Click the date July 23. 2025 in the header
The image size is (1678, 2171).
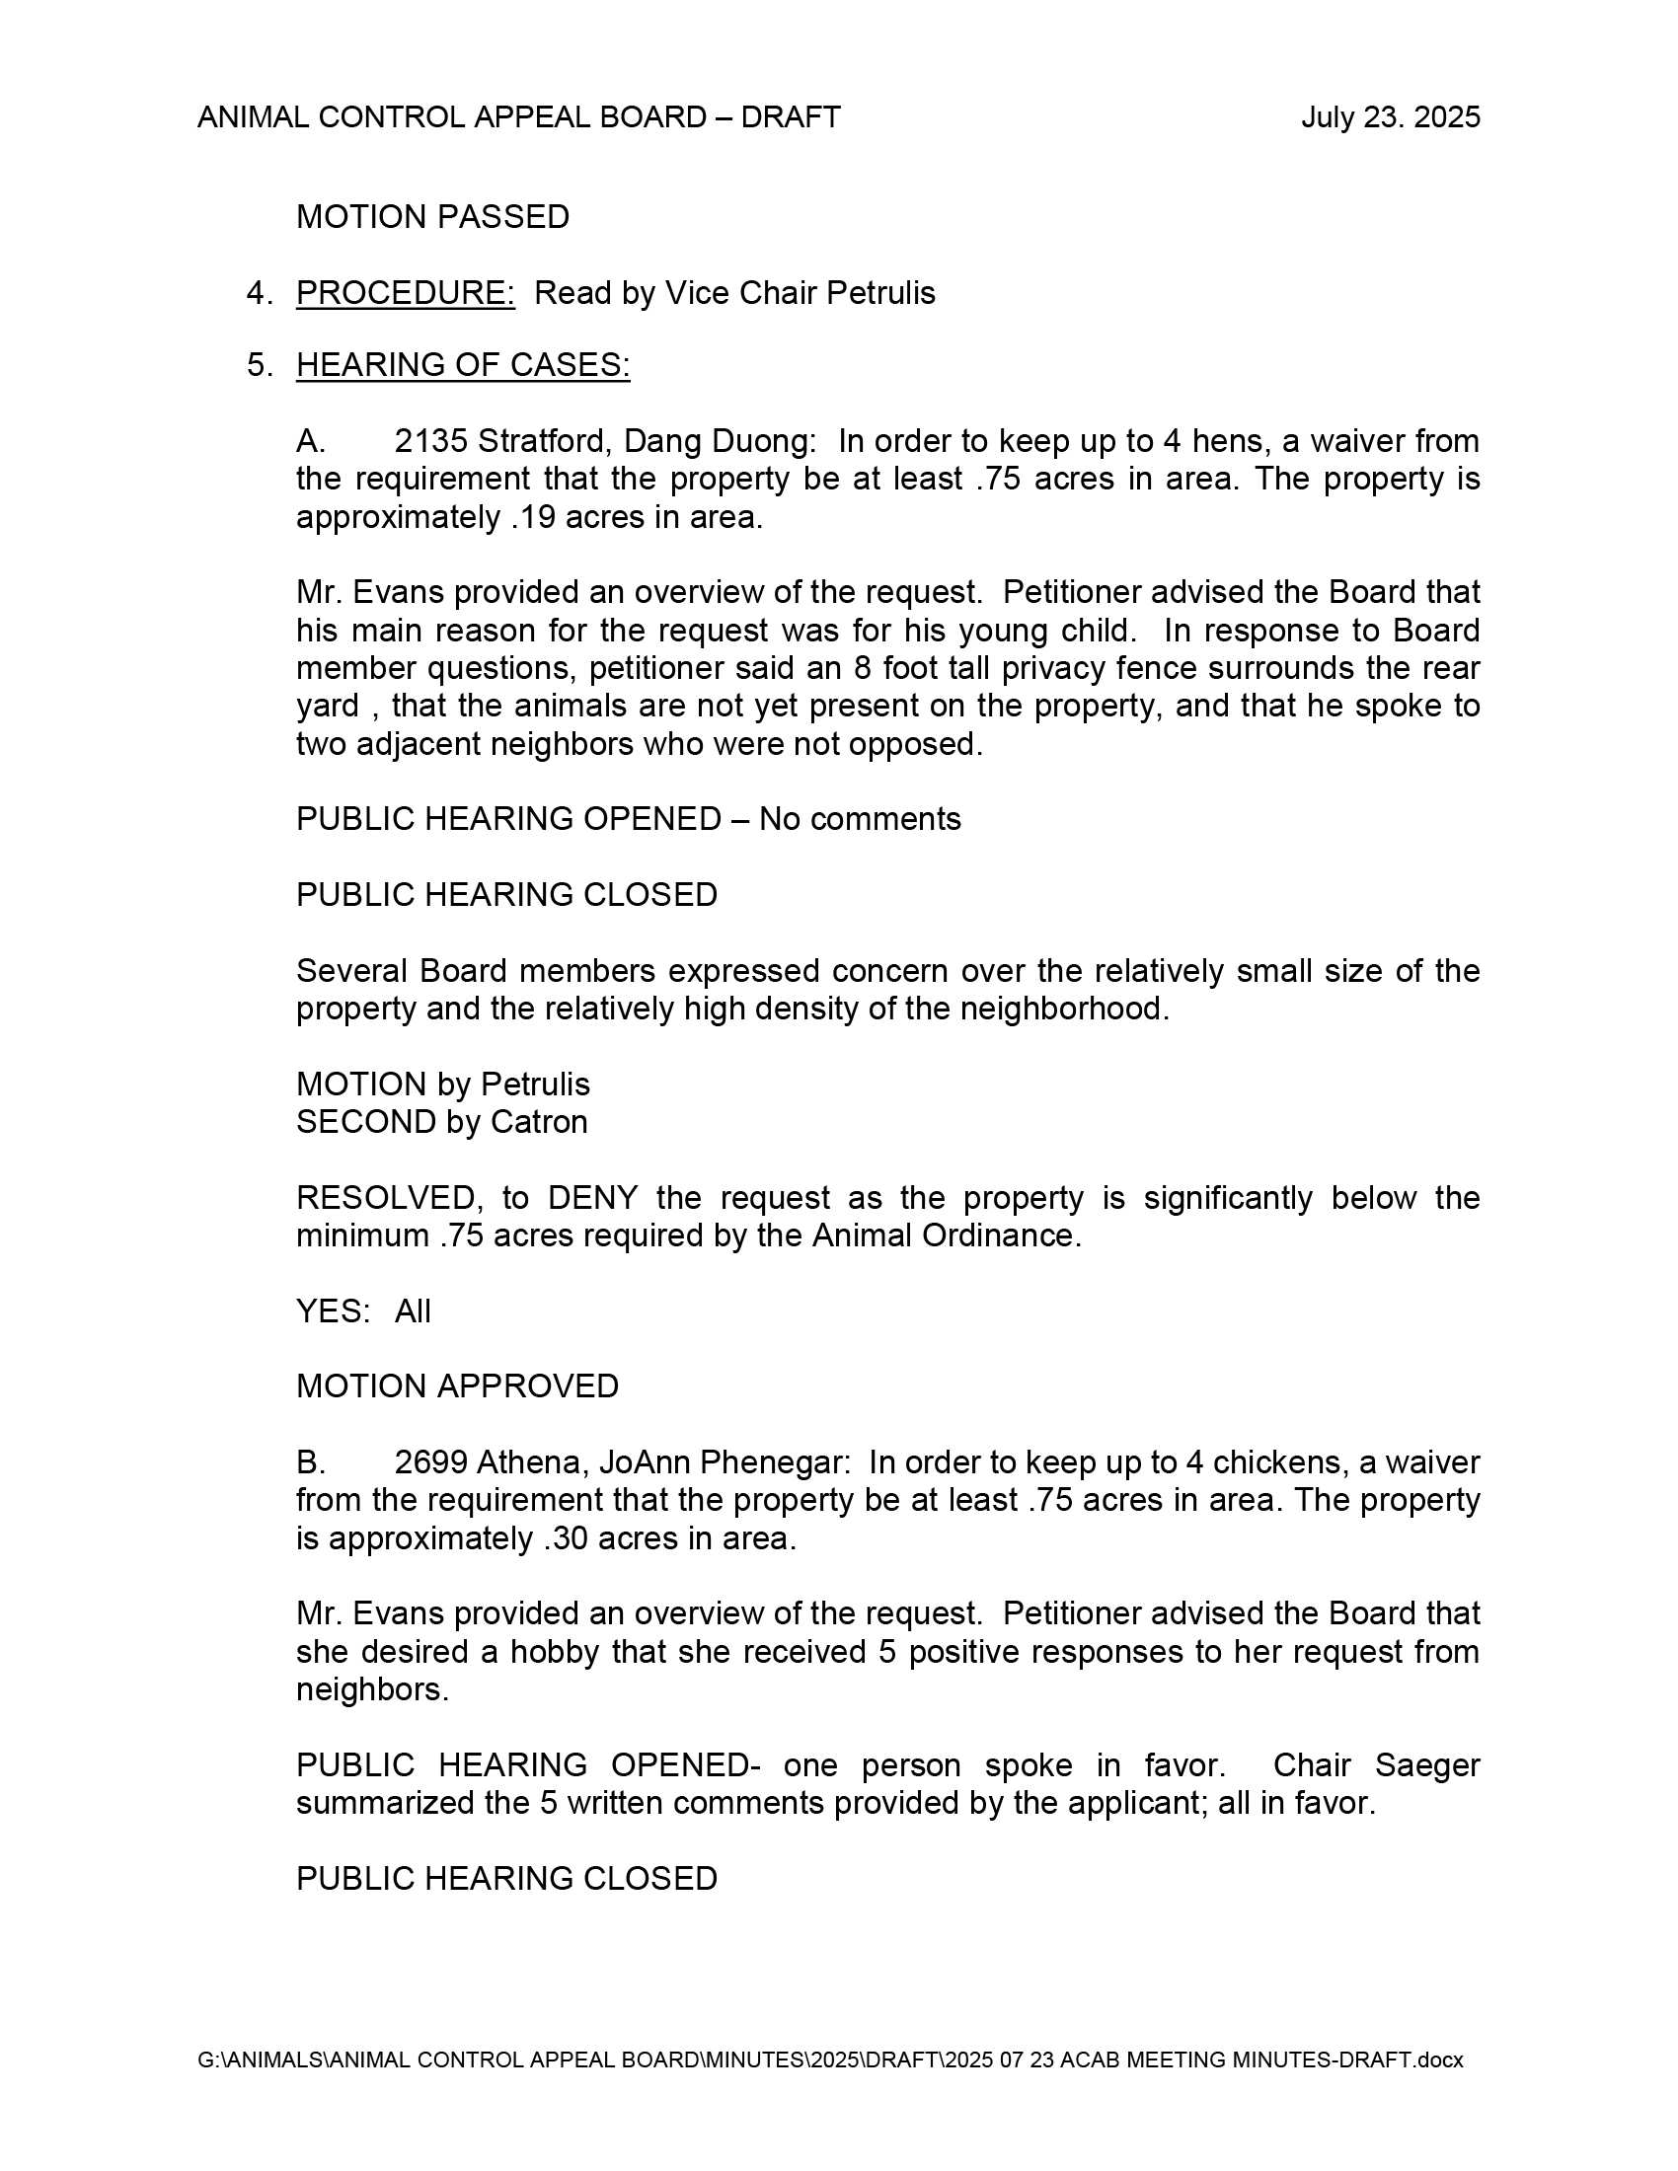pos(1390,117)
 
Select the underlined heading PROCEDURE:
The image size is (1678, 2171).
pos(405,293)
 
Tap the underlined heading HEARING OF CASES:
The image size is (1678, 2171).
pos(462,366)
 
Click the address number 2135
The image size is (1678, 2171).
pos(430,440)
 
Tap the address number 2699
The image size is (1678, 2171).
pos(430,1462)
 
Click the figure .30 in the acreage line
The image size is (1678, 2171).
pos(566,1538)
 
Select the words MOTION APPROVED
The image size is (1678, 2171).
pos(457,1386)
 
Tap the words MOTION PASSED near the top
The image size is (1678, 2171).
pos(432,217)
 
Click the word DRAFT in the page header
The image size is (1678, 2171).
pos(791,117)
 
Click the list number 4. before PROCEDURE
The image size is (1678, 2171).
pos(260,293)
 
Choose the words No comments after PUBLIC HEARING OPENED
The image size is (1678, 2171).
pos(860,819)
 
